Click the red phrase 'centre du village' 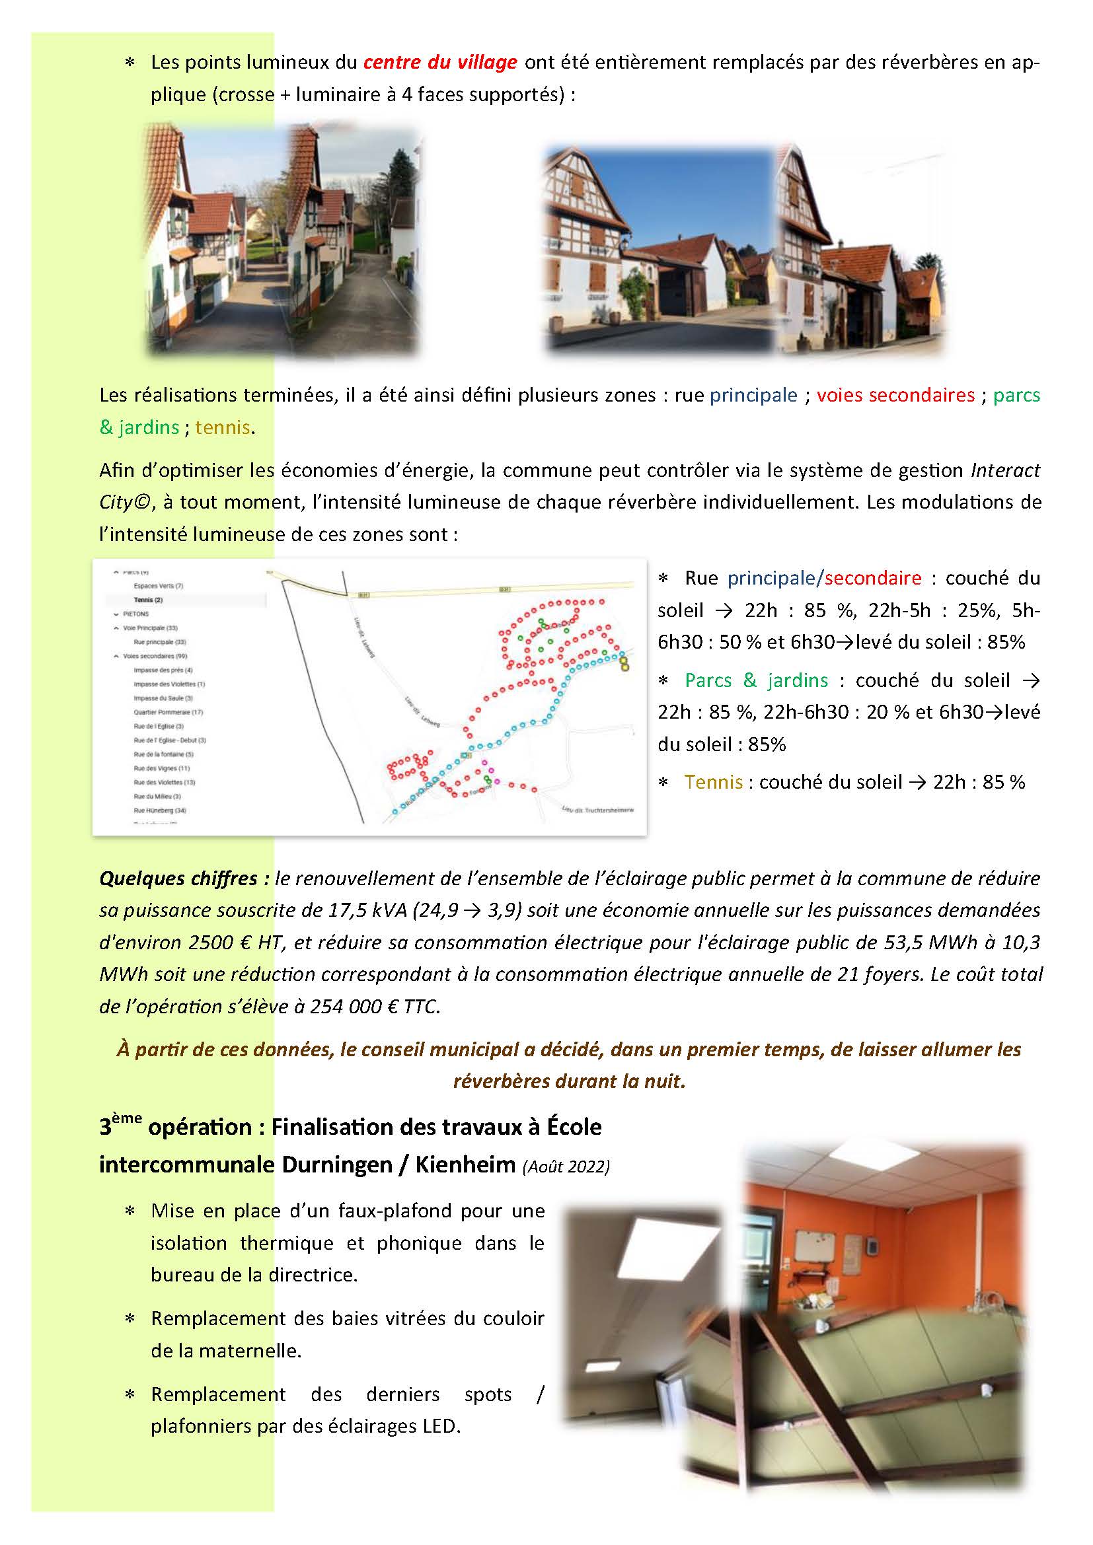pyautogui.click(x=440, y=63)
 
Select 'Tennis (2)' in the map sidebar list pyautogui.click(x=148, y=600)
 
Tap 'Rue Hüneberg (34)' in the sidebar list pyautogui.click(x=159, y=810)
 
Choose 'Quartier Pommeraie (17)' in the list pyautogui.click(x=169, y=712)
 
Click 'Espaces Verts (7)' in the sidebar pyautogui.click(x=158, y=585)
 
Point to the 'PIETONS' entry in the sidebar pyautogui.click(x=136, y=614)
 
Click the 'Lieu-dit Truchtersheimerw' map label pyautogui.click(x=597, y=810)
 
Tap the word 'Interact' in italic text pyautogui.click(x=1005, y=470)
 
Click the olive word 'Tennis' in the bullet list pyautogui.click(x=714, y=782)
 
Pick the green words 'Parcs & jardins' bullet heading pyautogui.click(x=756, y=680)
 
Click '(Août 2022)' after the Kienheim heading pyautogui.click(x=566, y=1166)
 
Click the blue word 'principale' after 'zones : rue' pyautogui.click(x=753, y=395)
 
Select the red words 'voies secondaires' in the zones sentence pyautogui.click(x=895, y=395)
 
